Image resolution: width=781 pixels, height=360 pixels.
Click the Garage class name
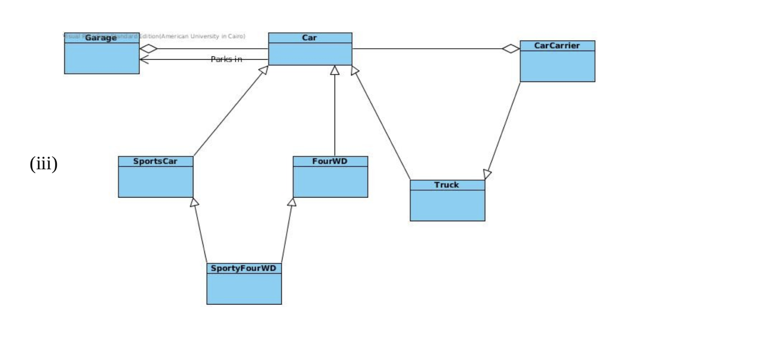tap(101, 38)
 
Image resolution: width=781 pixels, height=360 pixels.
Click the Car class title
tap(309, 38)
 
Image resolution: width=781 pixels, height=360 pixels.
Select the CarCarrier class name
tap(557, 46)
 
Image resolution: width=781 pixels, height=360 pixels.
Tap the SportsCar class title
tap(155, 161)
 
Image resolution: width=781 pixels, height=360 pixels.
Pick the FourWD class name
tap(330, 161)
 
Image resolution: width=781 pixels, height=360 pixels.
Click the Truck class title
tap(446, 185)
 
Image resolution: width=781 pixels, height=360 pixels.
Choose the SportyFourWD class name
tap(243, 268)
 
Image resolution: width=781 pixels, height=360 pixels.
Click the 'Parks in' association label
tap(226, 59)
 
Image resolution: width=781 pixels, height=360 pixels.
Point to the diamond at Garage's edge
tap(149, 49)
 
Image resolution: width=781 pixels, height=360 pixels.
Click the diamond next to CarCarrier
tap(511, 49)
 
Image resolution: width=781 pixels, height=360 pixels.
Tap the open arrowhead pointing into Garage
tap(143, 59)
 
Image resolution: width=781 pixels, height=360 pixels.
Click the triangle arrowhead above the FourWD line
tap(335, 70)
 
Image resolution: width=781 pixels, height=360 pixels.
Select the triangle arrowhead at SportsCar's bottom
tap(195, 202)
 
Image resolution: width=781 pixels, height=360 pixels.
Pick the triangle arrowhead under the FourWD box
tap(292, 202)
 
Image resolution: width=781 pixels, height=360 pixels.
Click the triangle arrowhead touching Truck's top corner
tap(487, 174)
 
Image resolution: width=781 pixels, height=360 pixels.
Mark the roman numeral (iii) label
tap(44, 164)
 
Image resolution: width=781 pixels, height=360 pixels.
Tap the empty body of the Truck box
tap(447, 205)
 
